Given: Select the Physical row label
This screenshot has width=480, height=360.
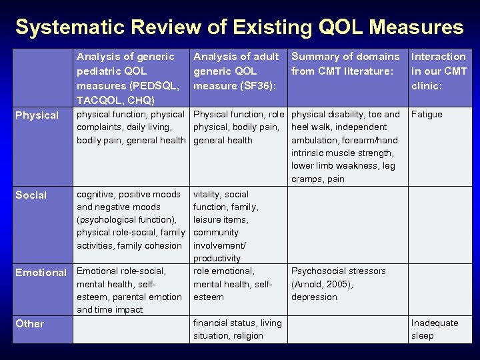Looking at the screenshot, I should [x=37, y=115].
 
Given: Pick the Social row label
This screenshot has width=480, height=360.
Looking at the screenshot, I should [x=31, y=195].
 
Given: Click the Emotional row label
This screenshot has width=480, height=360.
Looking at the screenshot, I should [x=41, y=273].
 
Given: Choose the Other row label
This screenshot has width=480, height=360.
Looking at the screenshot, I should [x=29, y=324].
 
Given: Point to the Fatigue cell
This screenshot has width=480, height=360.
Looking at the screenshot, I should [x=427, y=115].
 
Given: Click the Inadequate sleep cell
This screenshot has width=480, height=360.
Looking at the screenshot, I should [x=434, y=329].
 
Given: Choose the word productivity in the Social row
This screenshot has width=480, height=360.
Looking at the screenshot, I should [x=217, y=258].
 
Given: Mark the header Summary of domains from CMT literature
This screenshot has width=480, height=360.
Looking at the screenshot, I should [x=345, y=64].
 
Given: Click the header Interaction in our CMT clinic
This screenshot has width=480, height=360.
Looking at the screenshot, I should [x=439, y=71].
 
